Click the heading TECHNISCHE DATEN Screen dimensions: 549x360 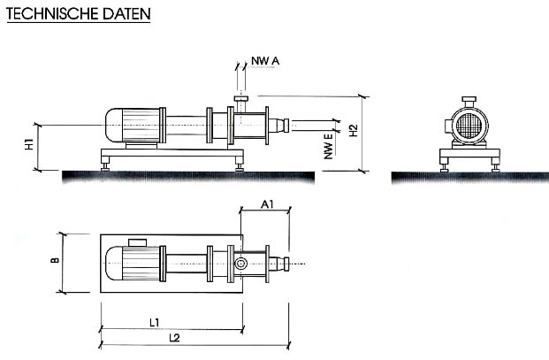coord(79,13)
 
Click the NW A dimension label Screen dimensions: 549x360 coord(265,61)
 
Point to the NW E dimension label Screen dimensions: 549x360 coord(328,147)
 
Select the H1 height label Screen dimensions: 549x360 coord(29,144)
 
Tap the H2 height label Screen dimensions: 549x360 coord(354,130)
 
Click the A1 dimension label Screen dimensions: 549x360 coord(267,203)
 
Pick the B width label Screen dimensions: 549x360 coord(55,260)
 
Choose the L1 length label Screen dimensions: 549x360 coord(155,323)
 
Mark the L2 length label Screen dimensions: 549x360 coord(174,338)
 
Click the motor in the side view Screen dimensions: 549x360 coord(133,126)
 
